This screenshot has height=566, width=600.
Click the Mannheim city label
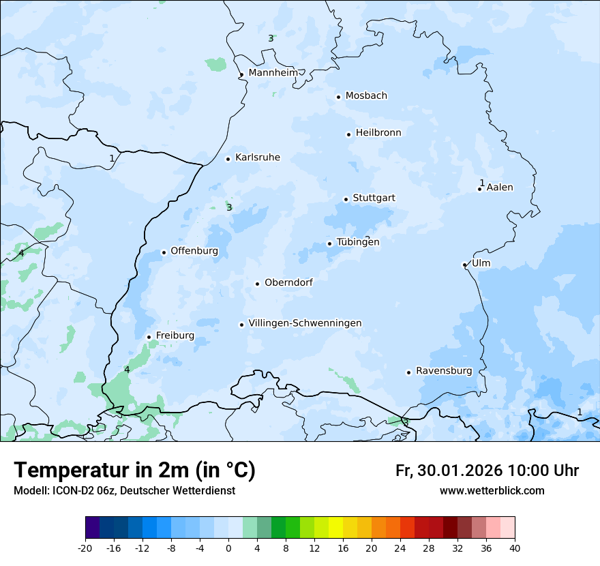[273, 73]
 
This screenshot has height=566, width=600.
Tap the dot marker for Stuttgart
[346, 199]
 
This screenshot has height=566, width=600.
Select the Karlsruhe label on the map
[257, 158]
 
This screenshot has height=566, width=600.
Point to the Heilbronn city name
[378, 133]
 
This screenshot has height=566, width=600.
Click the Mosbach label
[366, 96]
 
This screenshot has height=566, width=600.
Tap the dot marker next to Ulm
[464, 265]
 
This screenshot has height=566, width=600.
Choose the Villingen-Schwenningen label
[305, 323]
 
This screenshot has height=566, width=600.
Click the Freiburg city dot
[149, 337]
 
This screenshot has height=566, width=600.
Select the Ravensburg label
[444, 371]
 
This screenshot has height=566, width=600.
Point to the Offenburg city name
[194, 251]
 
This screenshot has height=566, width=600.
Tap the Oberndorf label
[288, 282]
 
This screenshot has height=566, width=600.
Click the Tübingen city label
[358, 242]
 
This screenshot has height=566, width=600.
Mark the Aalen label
[500, 188]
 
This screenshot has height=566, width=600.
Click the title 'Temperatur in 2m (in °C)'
[134, 471]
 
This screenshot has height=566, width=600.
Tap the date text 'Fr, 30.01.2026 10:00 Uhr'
[487, 471]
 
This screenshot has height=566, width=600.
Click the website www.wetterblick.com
[492, 491]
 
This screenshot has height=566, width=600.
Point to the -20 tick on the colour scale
[85, 548]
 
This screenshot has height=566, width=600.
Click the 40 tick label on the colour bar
[515, 548]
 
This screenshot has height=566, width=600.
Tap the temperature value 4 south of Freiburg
[127, 370]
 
